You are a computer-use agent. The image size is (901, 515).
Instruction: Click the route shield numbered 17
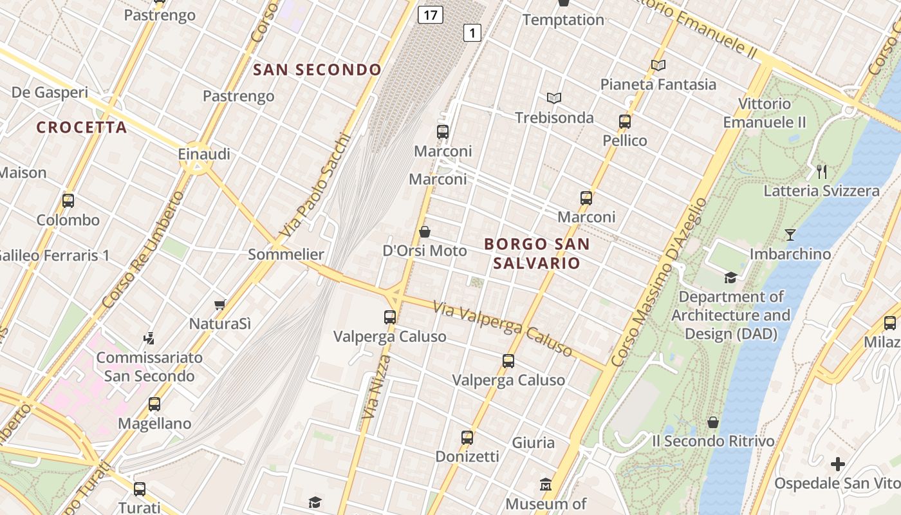430,14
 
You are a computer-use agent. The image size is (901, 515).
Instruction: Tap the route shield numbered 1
472,33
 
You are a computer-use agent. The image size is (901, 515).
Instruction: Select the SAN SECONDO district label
317,70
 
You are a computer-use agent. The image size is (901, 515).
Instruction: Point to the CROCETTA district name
82,127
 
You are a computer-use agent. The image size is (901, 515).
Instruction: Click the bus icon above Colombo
68,201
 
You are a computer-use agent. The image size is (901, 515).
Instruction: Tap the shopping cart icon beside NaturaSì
220,304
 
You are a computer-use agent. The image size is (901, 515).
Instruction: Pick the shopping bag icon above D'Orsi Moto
425,232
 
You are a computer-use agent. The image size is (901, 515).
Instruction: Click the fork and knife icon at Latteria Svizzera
821,171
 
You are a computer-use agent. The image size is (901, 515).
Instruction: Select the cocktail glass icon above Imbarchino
790,235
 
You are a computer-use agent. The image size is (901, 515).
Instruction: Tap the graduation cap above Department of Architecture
730,277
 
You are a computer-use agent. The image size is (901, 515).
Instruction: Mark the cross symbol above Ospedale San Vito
837,464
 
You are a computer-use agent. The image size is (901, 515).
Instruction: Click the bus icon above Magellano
154,404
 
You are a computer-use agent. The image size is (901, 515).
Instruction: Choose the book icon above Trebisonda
554,98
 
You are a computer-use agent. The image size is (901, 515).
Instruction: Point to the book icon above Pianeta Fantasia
658,65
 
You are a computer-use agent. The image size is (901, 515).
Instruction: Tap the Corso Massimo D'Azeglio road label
659,282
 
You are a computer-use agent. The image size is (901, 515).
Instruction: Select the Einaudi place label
204,154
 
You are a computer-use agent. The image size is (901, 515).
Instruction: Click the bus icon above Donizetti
467,438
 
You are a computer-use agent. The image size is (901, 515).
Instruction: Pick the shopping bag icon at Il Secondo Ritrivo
713,422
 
